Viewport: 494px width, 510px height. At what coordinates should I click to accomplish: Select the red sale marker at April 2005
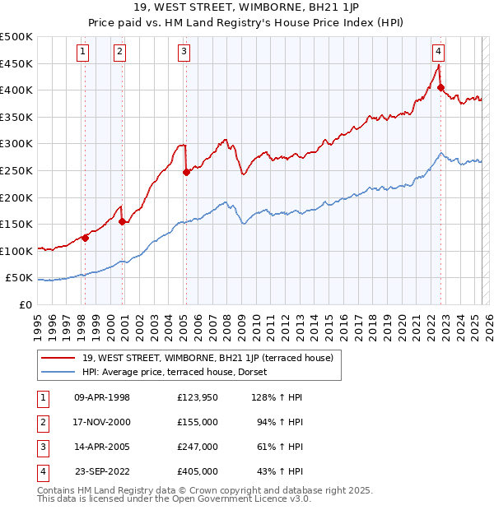click(x=186, y=172)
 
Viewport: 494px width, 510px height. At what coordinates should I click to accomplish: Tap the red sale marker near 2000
click(x=122, y=221)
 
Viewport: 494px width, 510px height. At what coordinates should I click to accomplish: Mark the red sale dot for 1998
click(x=85, y=238)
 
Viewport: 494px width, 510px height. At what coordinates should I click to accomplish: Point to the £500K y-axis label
click(x=16, y=37)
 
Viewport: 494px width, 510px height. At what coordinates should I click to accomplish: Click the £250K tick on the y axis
click(x=16, y=170)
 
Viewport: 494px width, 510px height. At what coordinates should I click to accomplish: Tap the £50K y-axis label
click(x=20, y=278)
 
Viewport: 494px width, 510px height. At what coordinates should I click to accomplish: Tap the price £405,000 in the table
click(x=198, y=471)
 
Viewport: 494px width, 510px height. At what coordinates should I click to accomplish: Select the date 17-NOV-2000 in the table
click(x=102, y=422)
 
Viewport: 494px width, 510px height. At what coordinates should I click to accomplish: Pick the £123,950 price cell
click(x=198, y=397)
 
